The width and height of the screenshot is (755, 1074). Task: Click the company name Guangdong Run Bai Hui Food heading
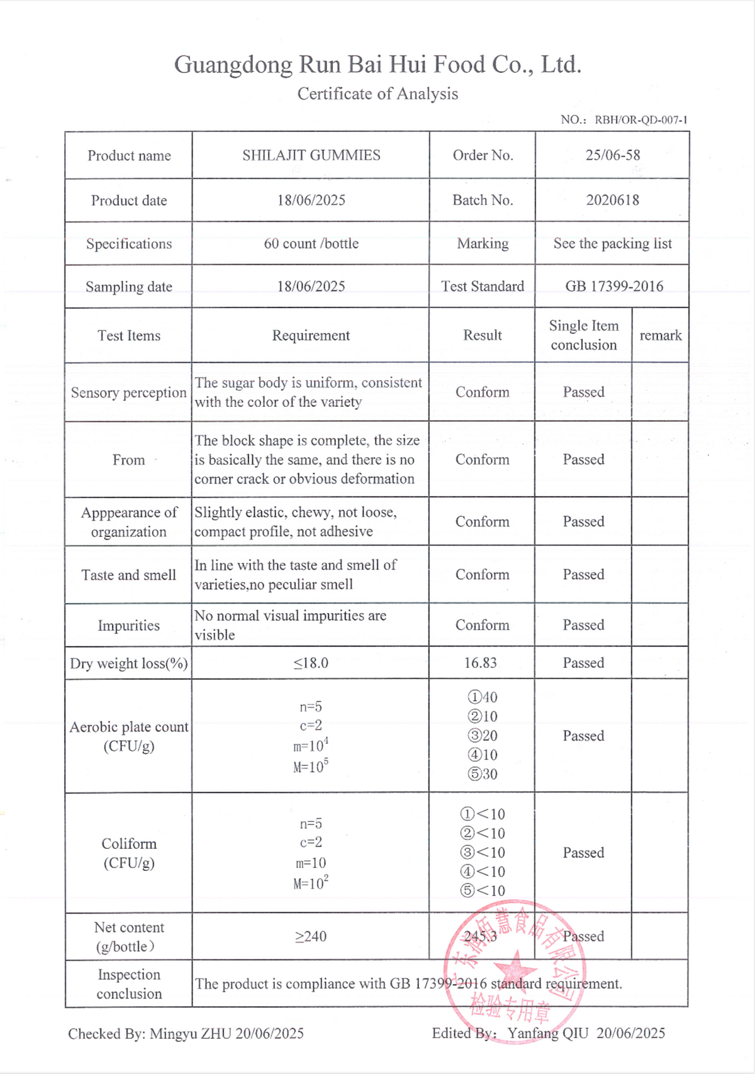point(377,65)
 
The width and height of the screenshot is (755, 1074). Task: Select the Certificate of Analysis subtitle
point(377,94)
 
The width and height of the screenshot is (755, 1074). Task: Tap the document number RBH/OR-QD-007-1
point(640,119)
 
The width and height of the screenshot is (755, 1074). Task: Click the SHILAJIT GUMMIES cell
point(311,155)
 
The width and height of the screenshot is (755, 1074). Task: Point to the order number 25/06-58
point(612,155)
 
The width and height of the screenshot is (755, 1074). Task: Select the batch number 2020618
point(612,200)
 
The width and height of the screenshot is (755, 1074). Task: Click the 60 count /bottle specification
point(311,243)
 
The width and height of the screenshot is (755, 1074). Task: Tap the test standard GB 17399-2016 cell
point(613,286)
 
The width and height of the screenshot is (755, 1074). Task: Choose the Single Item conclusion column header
point(583,335)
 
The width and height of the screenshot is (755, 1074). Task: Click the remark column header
point(660,335)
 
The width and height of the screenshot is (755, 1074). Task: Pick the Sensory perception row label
point(128,392)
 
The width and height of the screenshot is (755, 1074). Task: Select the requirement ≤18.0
point(311,663)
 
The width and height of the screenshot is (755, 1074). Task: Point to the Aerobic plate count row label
point(128,736)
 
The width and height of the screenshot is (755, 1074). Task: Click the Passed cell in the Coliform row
point(583,853)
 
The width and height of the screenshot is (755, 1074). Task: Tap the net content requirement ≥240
point(311,936)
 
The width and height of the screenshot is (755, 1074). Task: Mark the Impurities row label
point(128,625)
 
